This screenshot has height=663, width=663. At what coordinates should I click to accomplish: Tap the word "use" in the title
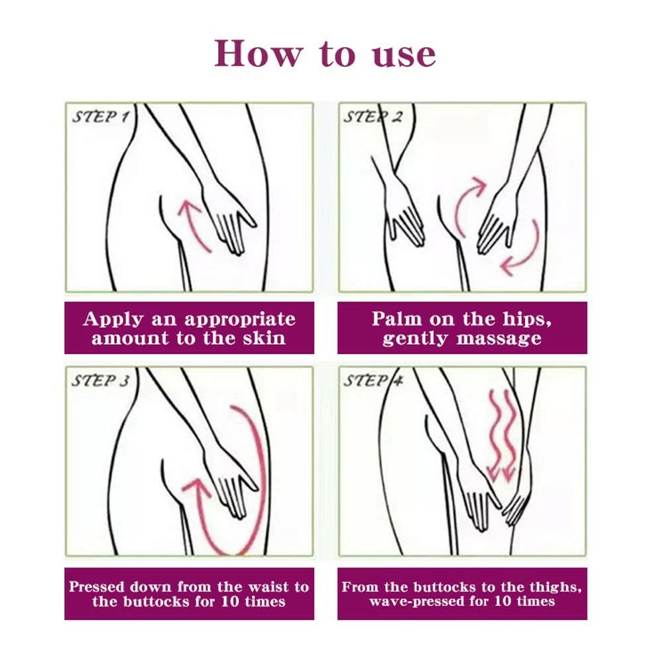(x=404, y=56)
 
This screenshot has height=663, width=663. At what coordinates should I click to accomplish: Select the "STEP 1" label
(x=101, y=117)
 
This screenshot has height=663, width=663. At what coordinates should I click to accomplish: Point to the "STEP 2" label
(x=373, y=117)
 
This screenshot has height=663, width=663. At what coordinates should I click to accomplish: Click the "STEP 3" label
(x=101, y=381)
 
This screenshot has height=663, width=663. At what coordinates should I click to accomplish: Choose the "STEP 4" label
(x=373, y=381)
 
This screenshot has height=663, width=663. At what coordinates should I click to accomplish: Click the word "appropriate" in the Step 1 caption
(x=240, y=320)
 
